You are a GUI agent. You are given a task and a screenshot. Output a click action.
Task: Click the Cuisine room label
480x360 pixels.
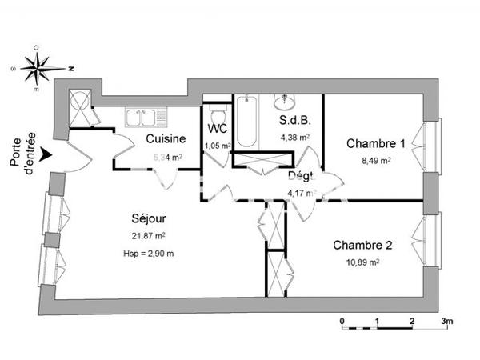pyautogui.click(x=166, y=138)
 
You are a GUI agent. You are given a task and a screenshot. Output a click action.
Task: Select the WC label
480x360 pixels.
pyautogui.click(x=216, y=129)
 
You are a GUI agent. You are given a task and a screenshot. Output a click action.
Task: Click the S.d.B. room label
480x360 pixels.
pyautogui.click(x=294, y=122)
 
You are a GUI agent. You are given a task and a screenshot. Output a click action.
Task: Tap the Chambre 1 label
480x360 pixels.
pyautogui.click(x=375, y=144)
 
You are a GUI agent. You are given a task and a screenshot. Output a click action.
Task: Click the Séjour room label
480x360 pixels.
pyautogui.click(x=150, y=218)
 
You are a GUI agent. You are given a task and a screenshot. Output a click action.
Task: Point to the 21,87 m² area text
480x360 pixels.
pyautogui.click(x=150, y=235)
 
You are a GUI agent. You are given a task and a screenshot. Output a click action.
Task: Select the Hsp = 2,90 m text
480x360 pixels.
pyautogui.click(x=150, y=254)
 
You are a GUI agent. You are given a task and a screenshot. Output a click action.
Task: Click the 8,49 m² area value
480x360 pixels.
pyautogui.click(x=375, y=160)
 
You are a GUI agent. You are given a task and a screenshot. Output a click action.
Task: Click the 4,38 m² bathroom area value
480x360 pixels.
pyautogui.click(x=294, y=138)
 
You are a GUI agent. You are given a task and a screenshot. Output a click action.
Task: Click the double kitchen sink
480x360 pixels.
pyautogui.click(x=143, y=118)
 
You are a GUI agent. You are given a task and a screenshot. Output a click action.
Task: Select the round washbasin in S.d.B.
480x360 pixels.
pyautogui.click(x=284, y=102)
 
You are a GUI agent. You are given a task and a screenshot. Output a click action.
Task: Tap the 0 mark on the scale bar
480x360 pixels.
pyautogui.click(x=342, y=322)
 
